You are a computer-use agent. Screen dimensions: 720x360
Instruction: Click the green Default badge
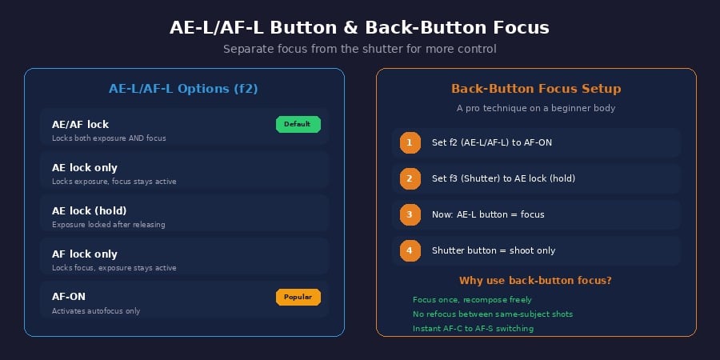[x=298, y=125]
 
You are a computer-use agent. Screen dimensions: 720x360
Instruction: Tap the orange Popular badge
[x=298, y=297]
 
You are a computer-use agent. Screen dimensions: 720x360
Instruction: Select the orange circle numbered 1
[x=410, y=143]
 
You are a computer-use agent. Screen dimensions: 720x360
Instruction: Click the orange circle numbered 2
[x=410, y=178]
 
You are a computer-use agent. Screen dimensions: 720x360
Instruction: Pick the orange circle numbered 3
[x=410, y=214]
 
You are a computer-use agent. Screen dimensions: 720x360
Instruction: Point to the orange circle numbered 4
[x=410, y=250]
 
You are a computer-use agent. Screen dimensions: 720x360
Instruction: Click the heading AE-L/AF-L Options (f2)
[x=183, y=89]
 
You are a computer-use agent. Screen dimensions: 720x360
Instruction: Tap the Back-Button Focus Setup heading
[x=536, y=89]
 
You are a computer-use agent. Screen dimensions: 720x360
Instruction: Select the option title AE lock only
[x=85, y=168]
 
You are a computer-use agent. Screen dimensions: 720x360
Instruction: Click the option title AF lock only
[x=85, y=254]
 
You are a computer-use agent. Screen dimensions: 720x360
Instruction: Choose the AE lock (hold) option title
[x=89, y=210]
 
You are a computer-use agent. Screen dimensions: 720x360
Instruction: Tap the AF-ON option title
[x=69, y=297]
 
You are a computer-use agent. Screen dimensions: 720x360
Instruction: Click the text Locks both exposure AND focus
[x=109, y=138]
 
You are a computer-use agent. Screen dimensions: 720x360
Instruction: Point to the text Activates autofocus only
[x=96, y=311]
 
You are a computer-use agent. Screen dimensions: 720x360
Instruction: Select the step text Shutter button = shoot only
[x=494, y=250]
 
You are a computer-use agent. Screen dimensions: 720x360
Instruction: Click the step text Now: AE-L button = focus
[x=488, y=214]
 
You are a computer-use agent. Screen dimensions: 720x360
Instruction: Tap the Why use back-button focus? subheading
[x=535, y=281]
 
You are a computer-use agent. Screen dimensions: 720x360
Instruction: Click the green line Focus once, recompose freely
[x=472, y=300]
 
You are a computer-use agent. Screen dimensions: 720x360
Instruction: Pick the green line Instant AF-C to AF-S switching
[x=473, y=329]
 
